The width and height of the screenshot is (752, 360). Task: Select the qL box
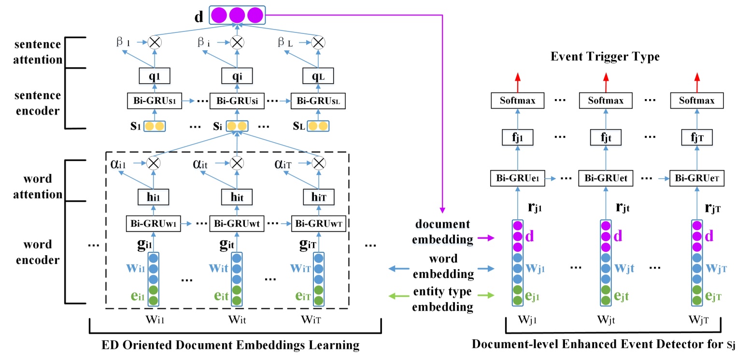coord(317,76)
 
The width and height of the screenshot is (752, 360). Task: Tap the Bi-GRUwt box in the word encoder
coord(237,224)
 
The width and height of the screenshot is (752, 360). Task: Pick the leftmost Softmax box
coord(517,101)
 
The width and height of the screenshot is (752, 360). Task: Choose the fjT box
coord(697,138)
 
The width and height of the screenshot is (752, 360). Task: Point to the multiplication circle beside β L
coord(317,43)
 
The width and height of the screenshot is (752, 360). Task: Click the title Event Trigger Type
coord(605,57)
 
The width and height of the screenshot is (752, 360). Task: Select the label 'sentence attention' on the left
coord(38,52)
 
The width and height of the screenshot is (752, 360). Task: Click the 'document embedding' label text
coord(442,231)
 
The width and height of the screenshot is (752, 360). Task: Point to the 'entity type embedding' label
coord(442,300)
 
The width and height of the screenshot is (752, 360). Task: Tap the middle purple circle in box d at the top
coord(237,15)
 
